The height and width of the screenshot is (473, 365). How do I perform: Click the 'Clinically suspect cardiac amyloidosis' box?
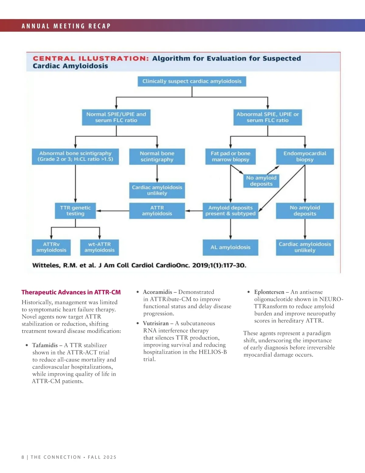pos(192,81)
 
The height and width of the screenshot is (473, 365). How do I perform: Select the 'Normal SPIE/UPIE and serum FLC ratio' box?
pos(116,117)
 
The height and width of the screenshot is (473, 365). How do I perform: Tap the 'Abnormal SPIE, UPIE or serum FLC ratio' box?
pos(268,117)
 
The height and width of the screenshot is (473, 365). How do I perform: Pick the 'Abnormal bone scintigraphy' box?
pos(75,157)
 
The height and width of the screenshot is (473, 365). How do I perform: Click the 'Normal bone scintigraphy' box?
pos(157,157)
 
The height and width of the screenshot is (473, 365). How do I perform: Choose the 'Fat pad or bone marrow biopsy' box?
pos(230,157)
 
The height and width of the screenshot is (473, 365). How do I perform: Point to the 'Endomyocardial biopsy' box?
pos(305,157)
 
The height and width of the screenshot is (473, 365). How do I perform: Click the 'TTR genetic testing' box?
pos(75,211)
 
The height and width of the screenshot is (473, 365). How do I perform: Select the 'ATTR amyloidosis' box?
pos(157,211)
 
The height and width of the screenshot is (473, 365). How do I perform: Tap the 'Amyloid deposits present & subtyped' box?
pos(230,211)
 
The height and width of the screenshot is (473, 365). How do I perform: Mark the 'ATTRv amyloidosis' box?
pos(51,247)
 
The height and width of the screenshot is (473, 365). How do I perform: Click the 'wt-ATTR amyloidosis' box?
pos(99,247)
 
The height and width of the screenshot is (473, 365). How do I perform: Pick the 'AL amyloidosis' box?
pos(230,247)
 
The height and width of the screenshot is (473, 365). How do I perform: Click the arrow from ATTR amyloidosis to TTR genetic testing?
pos(113,211)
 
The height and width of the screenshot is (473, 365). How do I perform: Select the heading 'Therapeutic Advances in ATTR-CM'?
pos(71,292)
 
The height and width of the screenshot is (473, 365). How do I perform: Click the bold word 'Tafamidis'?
pos(45,345)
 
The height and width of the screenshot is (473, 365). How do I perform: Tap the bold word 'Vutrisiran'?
pos(156,323)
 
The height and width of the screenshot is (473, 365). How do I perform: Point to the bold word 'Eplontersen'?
pos(269,292)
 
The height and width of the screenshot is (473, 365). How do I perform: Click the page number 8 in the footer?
pos(23,457)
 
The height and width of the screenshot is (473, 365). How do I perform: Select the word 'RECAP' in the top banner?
pos(99,26)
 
